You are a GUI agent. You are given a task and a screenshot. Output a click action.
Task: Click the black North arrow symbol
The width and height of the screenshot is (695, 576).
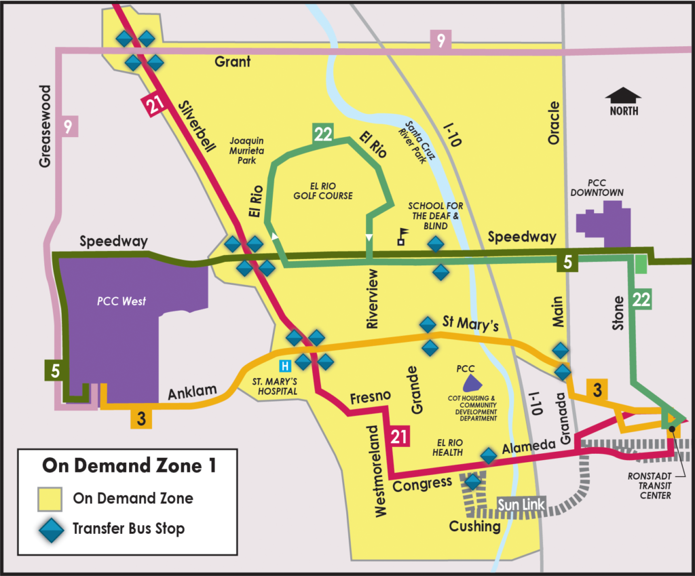point(622,97)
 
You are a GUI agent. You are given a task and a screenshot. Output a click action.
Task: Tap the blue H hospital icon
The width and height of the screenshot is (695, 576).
point(286,365)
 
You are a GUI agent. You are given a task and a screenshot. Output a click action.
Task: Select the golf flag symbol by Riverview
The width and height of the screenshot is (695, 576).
point(402,235)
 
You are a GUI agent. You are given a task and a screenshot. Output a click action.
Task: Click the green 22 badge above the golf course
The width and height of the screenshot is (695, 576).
point(322,134)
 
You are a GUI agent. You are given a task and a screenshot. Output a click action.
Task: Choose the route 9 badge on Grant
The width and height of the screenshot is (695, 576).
point(440,41)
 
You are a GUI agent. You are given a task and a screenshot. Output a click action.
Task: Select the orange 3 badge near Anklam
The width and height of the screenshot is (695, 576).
point(141,418)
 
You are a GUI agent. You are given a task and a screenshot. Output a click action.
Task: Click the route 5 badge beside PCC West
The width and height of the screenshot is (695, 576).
point(55,370)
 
